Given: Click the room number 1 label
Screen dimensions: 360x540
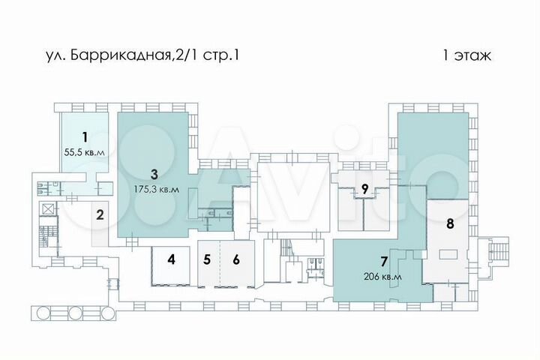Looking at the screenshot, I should [85, 136].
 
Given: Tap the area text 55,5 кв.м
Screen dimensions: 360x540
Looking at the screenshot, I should [85, 152].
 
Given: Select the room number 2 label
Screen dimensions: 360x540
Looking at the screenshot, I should [98, 215].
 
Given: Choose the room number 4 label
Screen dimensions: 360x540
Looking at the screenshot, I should [171, 260].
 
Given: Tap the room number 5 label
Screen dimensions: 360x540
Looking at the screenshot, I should [207, 260].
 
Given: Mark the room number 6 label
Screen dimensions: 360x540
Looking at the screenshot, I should [236, 260].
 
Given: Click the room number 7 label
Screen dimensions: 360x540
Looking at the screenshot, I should [384, 262].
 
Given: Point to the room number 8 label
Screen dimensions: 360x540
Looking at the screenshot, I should [450, 223].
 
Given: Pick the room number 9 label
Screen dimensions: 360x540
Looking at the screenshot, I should [364, 190].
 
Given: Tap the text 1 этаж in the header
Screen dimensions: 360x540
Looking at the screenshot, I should [466, 55].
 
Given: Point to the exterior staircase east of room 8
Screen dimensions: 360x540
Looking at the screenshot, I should [496, 253].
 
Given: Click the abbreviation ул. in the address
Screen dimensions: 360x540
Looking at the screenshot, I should [54, 55].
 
